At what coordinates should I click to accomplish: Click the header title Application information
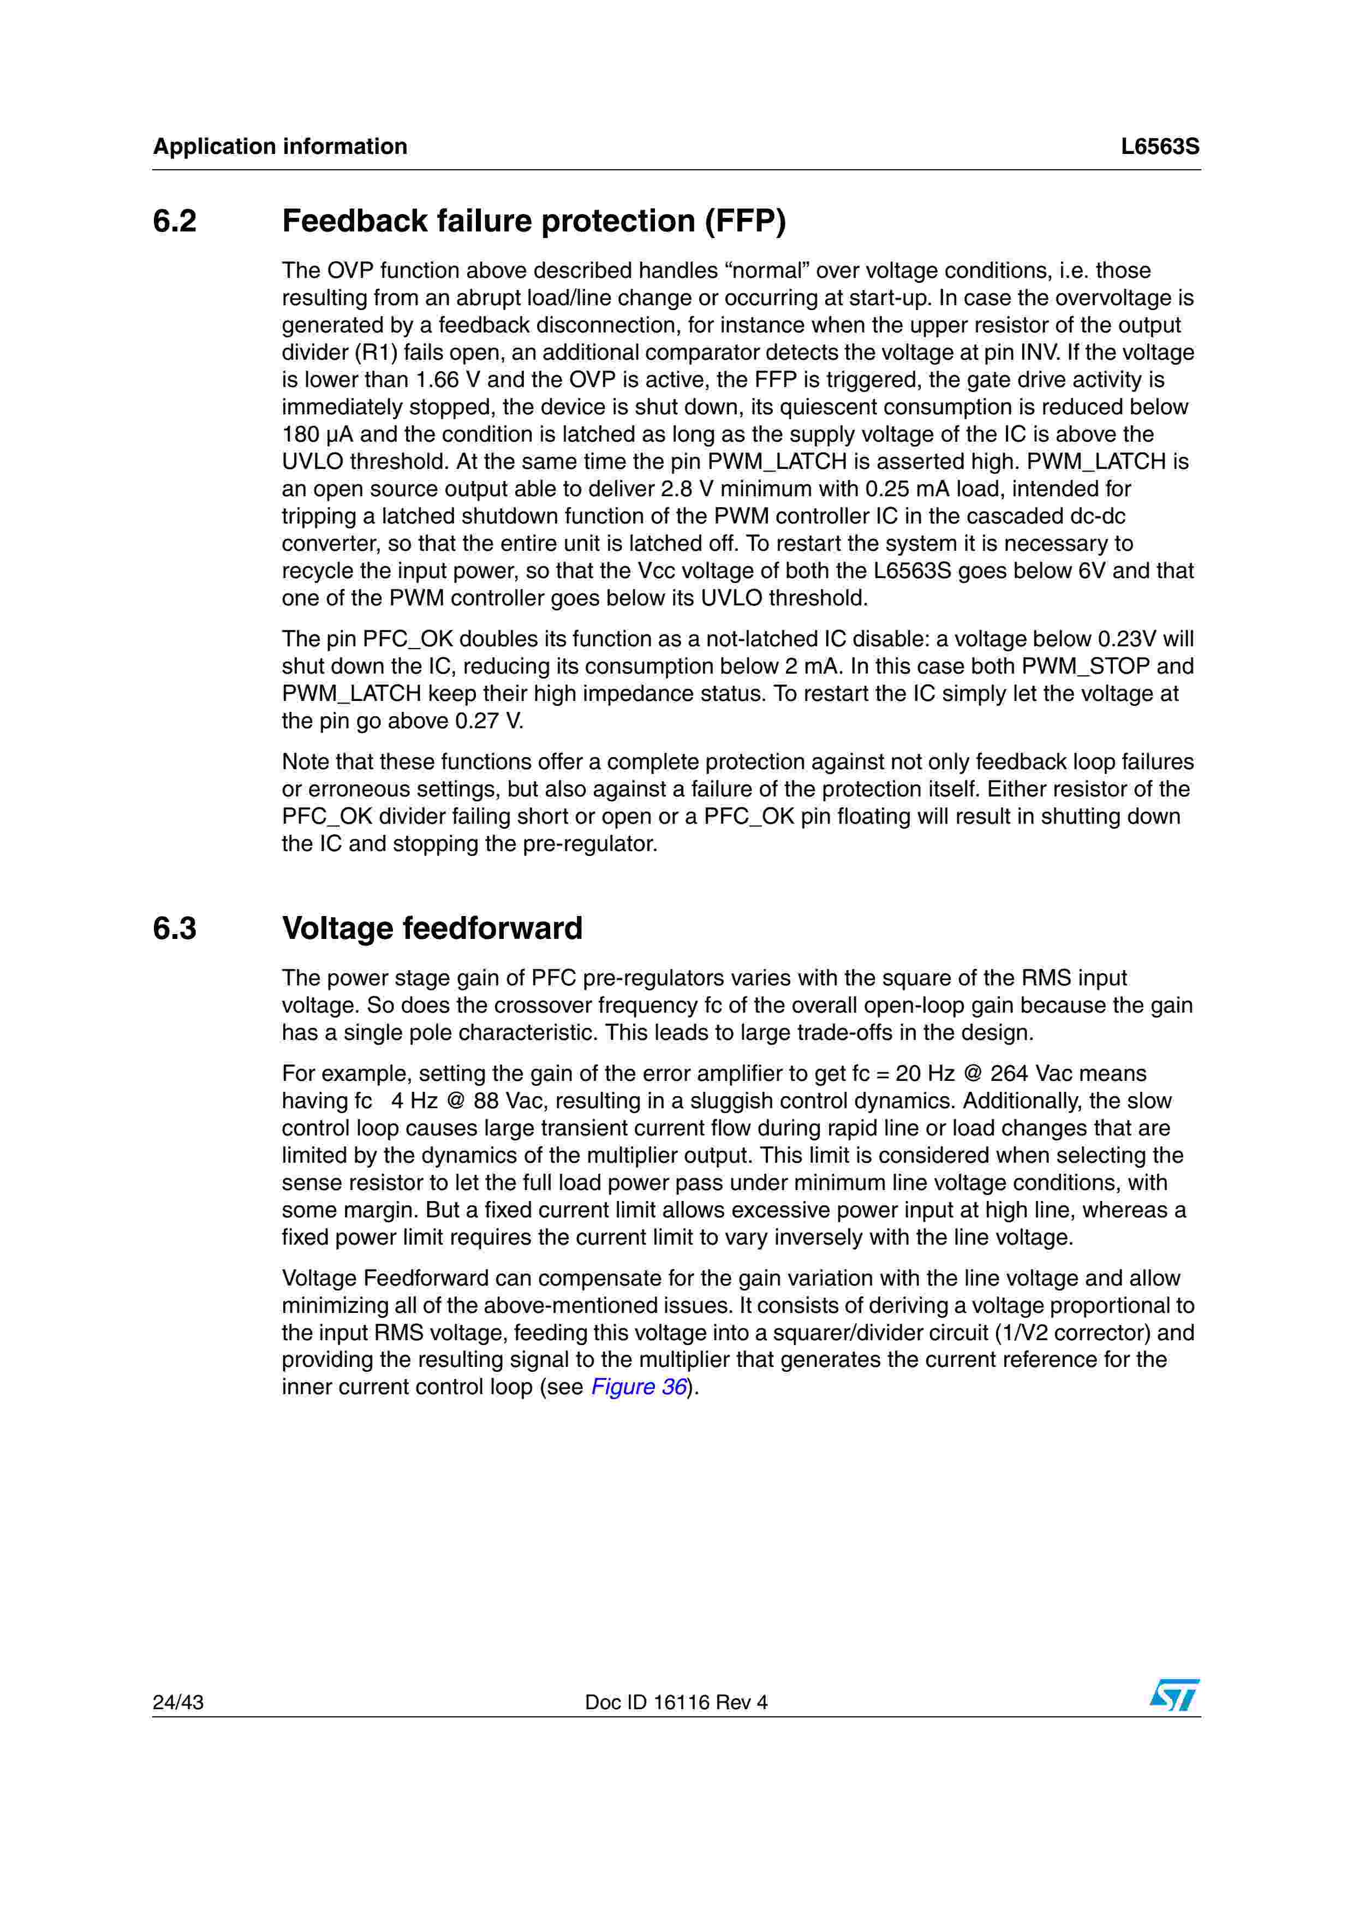tap(280, 147)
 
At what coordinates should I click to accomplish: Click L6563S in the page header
tap(1160, 147)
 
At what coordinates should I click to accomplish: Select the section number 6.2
tap(175, 221)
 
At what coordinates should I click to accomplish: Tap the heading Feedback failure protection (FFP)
tap(534, 221)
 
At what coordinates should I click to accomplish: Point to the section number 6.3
tap(175, 929)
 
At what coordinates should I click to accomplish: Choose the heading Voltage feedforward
tap(432, 929)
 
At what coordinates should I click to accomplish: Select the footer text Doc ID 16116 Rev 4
tap(676, 1702)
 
